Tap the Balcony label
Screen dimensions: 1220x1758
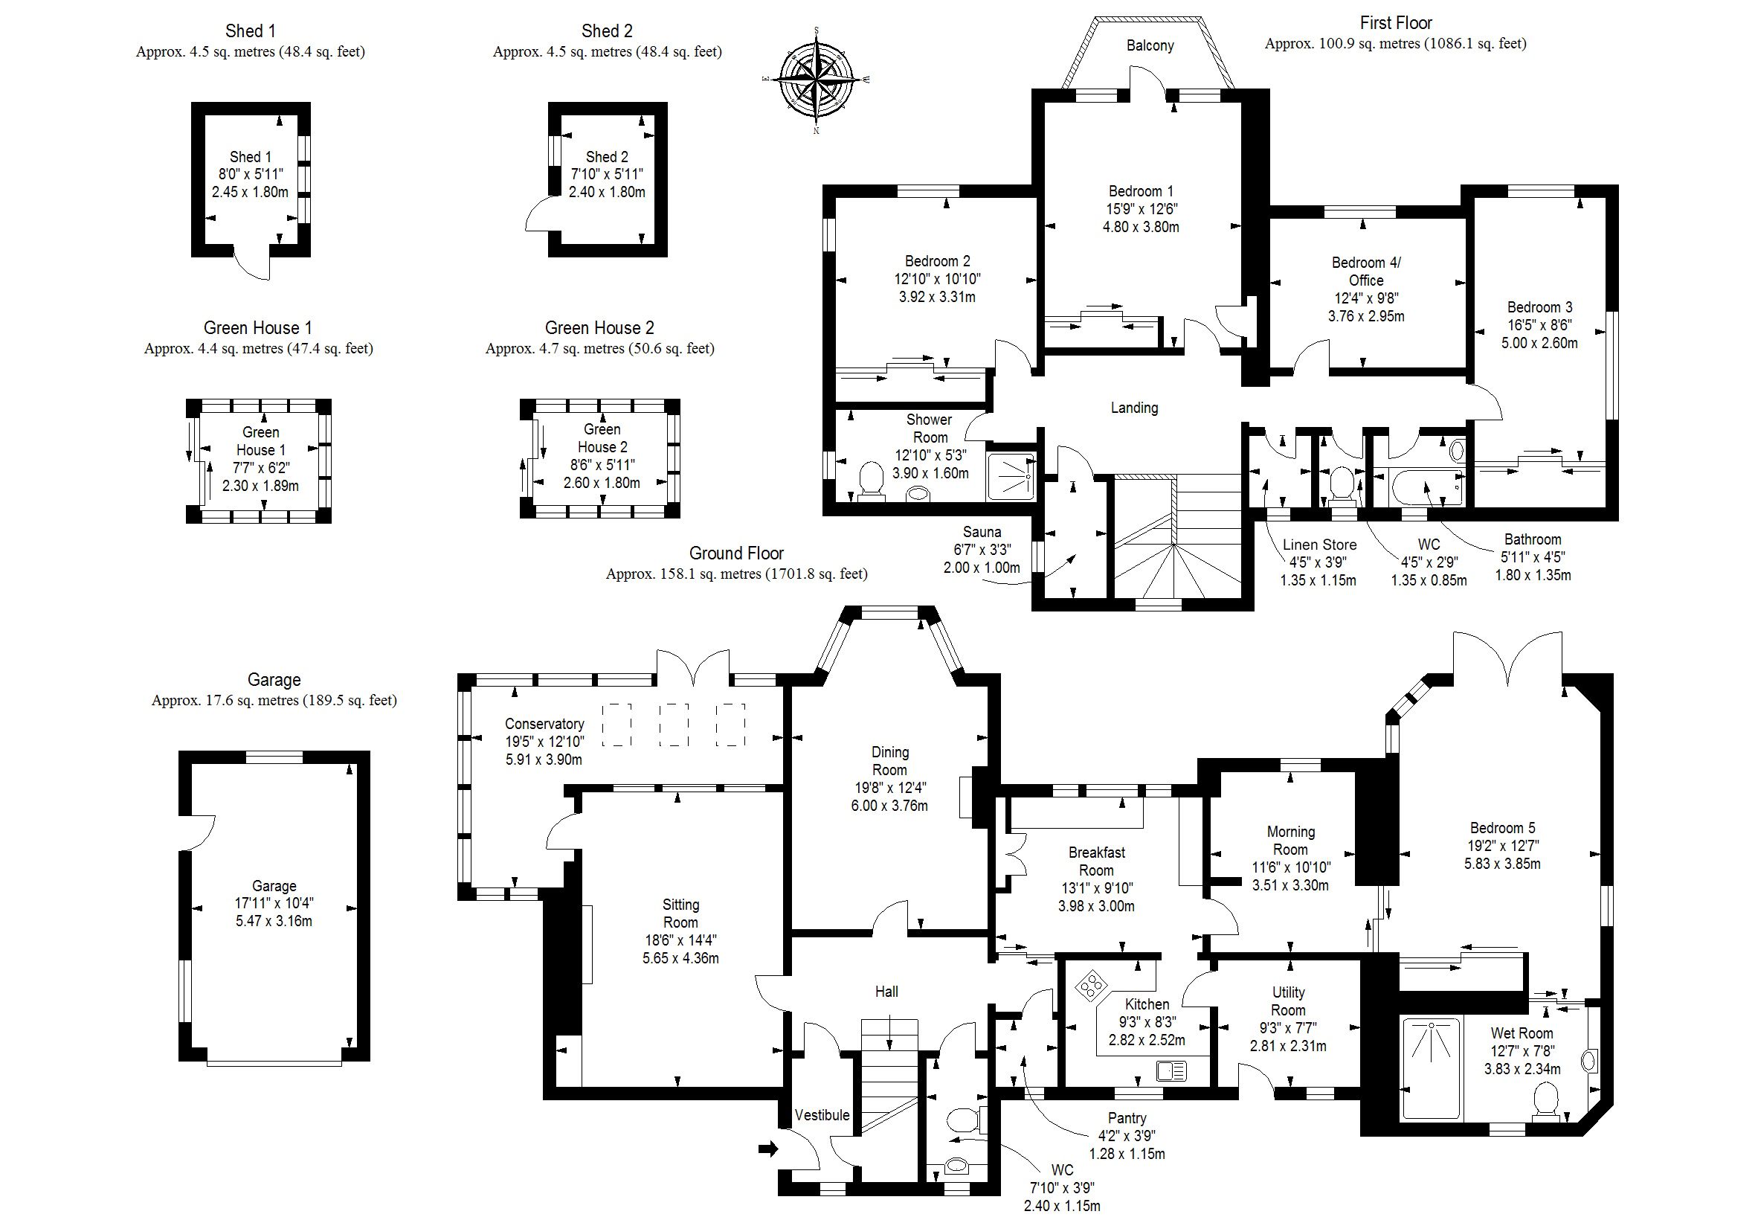[1149, 46]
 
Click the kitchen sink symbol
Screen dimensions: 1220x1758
[1171, 1071]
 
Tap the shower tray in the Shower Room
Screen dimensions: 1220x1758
[1011, 477]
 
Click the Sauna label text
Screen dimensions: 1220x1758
[982, 532]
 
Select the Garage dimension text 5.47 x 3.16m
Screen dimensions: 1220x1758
[274, 921]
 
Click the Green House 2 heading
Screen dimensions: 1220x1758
[599, 328]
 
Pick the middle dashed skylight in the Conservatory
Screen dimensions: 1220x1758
[673, 724]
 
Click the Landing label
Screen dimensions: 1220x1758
[1134, 408]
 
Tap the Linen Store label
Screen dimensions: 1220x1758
[1319, 545]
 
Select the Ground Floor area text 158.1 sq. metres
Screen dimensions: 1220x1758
[736, 574]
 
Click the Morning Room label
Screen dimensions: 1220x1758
[1290, 840]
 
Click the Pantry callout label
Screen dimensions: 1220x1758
[1127, 1118]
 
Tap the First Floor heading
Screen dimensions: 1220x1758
[1395, 23]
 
